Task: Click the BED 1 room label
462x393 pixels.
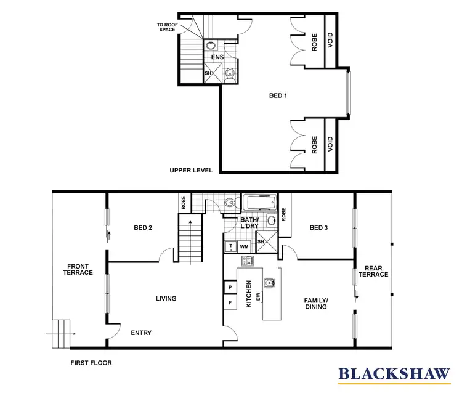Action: tap(278, 96)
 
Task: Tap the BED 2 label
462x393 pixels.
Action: tap(143, 228)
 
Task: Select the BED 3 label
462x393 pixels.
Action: tap(318, 228)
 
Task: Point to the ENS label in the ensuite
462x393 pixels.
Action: tap(217, 57)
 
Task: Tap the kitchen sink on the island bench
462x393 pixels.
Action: tap(269, 284)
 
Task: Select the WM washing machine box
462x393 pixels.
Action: tap(244, 246)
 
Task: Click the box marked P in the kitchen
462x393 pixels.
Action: tap(230, 288)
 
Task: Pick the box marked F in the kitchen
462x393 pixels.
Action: tap(230, 303)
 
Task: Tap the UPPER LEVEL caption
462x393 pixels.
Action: tap(191, 170)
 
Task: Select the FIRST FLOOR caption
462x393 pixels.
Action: tap(91, 363)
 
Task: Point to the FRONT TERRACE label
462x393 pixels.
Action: tap(79, 269)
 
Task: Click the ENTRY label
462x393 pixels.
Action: tap(141, 333)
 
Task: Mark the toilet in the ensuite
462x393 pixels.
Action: tap(230, 75)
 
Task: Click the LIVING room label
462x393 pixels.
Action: tap(166, 299)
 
